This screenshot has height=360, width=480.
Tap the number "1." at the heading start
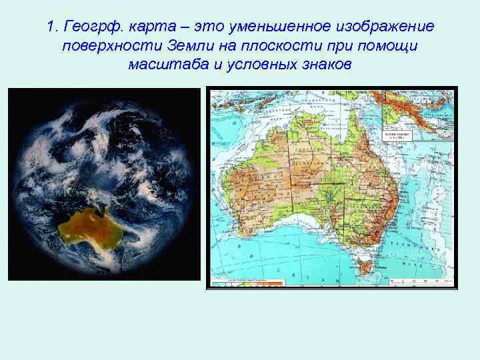54,27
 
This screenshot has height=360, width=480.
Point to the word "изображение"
387,27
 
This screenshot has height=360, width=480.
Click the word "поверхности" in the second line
106,47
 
